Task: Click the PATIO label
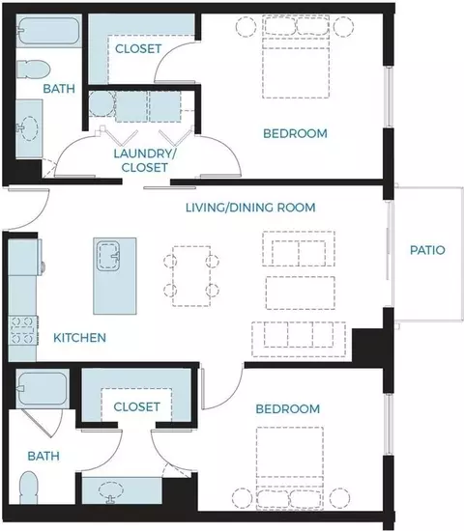tap(427, 250)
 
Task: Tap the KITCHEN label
tap(79, 338)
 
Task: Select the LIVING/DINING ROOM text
tap(250, 208)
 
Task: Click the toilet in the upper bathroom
tap(33, 70)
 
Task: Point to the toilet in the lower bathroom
tap(28, 488)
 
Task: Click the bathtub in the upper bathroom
tap(48, 31)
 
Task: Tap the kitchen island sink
tap(108, 256)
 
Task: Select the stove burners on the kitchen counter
tap(23, 330)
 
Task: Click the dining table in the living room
tap(191, 276)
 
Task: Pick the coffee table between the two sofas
tap(301, 293)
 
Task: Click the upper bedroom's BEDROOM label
tap(295, 133)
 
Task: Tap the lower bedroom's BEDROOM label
tap(288, 409)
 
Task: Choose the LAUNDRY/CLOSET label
tap(145, 160)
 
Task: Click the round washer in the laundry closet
tap(101, 104)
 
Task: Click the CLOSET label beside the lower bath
tap(136, 407)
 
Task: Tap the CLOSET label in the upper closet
tap(138, 49)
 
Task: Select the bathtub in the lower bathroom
tap(43, 388)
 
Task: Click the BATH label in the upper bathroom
tap(59, 89)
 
